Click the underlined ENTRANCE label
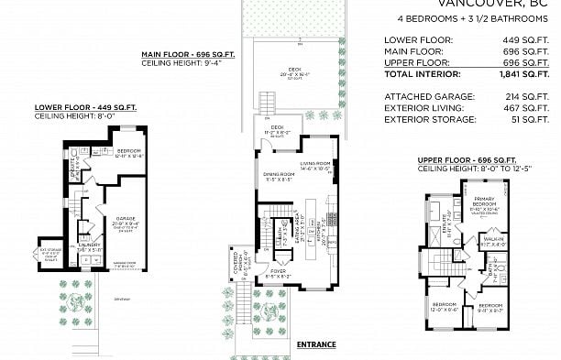[315, 344]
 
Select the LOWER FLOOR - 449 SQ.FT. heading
[85, 108]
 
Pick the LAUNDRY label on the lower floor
[89, 245]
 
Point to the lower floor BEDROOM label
[128, 151]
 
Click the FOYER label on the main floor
[277, 271]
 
